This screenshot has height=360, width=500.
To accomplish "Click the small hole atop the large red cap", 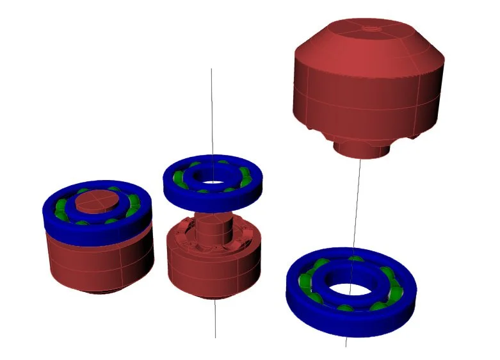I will tap(370, 28).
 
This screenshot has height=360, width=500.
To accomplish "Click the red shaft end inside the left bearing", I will tap(96, 201).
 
